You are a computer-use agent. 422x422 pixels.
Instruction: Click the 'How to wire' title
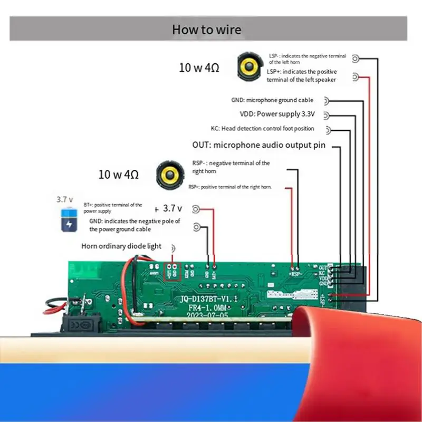coord(206,29)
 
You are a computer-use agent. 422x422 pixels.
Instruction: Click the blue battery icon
coord(69,219)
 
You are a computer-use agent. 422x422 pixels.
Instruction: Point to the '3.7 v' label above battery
coord(64,199)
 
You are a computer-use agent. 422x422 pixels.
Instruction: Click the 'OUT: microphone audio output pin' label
coord(258,145)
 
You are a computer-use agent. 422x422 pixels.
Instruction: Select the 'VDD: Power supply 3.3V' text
coord(277,114)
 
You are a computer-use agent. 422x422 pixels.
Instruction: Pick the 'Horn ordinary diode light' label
coord(121,246)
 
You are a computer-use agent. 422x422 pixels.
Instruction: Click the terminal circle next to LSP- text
coord(356,59)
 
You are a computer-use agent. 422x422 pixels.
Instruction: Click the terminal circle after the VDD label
coord(327,115)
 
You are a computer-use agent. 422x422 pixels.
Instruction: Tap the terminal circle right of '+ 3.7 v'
coord(196,209)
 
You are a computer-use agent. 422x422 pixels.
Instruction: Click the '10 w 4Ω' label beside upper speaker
coord(199,68)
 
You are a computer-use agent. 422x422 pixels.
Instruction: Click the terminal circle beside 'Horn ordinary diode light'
coord(174,248)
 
